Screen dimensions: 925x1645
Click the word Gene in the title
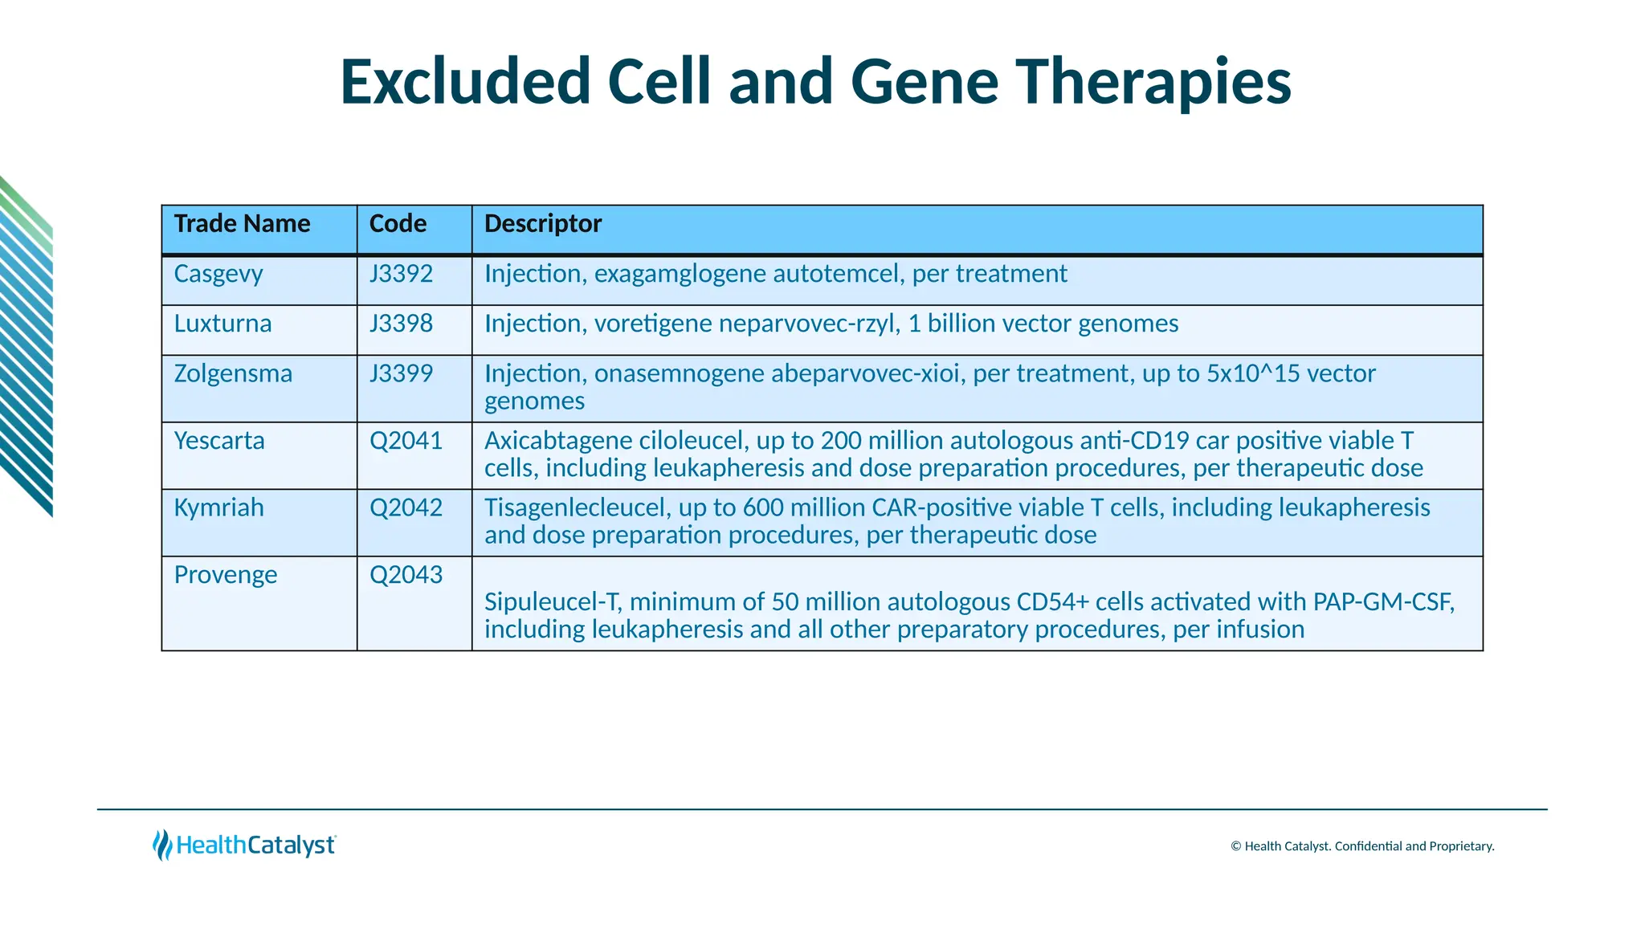[924, 82]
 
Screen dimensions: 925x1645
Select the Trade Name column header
[242, 223]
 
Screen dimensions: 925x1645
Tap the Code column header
[398, 223]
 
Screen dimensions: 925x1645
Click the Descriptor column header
[543, 223]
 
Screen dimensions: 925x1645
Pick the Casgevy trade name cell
[218, 274]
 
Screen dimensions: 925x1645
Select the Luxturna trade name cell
[222, 324]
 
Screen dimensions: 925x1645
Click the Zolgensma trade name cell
[233, 373]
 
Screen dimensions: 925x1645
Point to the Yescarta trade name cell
[219, 441]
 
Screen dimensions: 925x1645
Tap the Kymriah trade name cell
[218, 507]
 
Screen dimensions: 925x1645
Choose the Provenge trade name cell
[226, 575]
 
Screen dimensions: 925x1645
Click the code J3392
[401, 274]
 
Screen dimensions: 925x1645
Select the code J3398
[401, 324]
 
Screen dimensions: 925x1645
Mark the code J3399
[401, 373]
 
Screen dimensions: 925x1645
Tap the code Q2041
[406, 441]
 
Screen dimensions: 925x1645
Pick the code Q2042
[406, 507]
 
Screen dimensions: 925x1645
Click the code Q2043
[406, 575]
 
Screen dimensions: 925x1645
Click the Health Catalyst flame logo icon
[162, 846]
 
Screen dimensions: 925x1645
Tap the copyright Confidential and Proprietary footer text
[1362, 846]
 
